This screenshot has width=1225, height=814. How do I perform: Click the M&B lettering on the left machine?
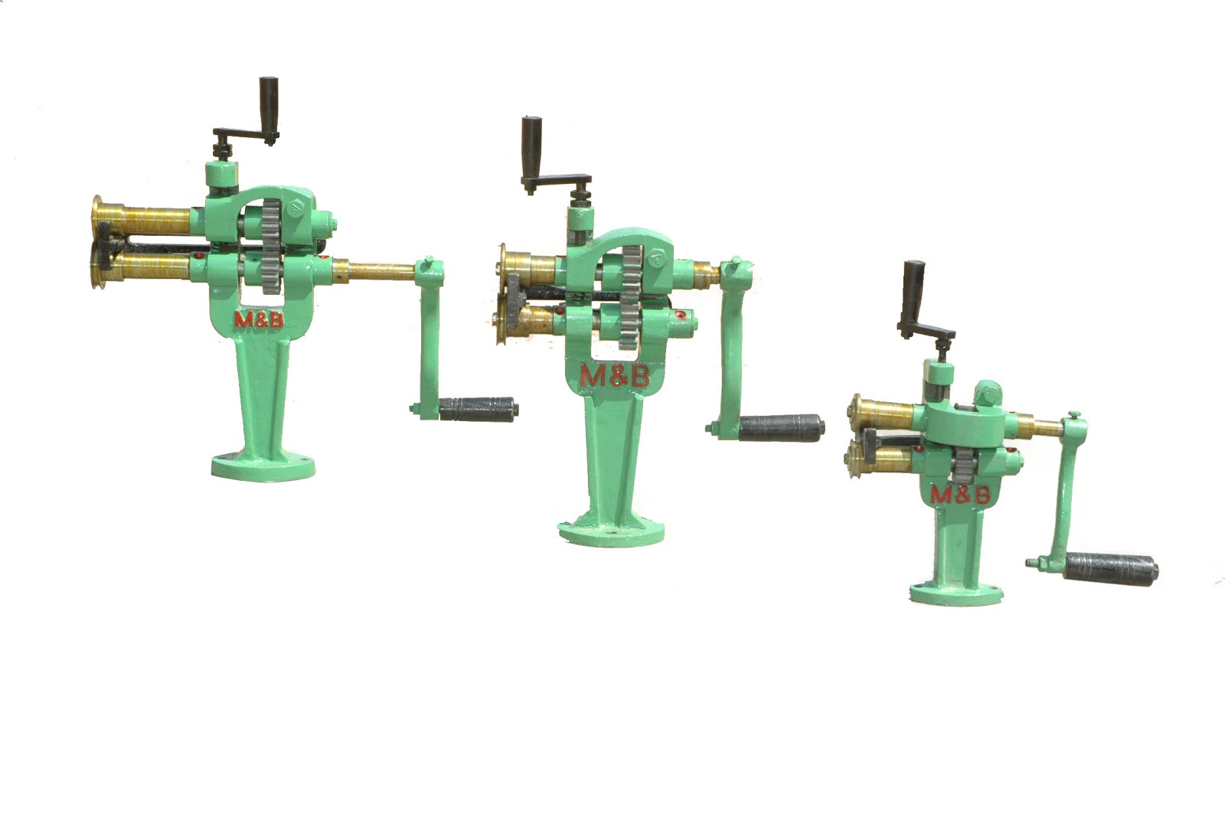[258, 319]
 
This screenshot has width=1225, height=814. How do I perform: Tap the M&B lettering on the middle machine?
[614, 375]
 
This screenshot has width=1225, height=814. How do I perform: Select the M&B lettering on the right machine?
[960, 495]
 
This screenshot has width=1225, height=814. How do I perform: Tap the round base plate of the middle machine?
[611, 528]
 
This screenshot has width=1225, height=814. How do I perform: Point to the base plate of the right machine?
[955, 592]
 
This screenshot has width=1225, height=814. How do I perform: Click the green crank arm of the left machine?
[430, 337]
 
